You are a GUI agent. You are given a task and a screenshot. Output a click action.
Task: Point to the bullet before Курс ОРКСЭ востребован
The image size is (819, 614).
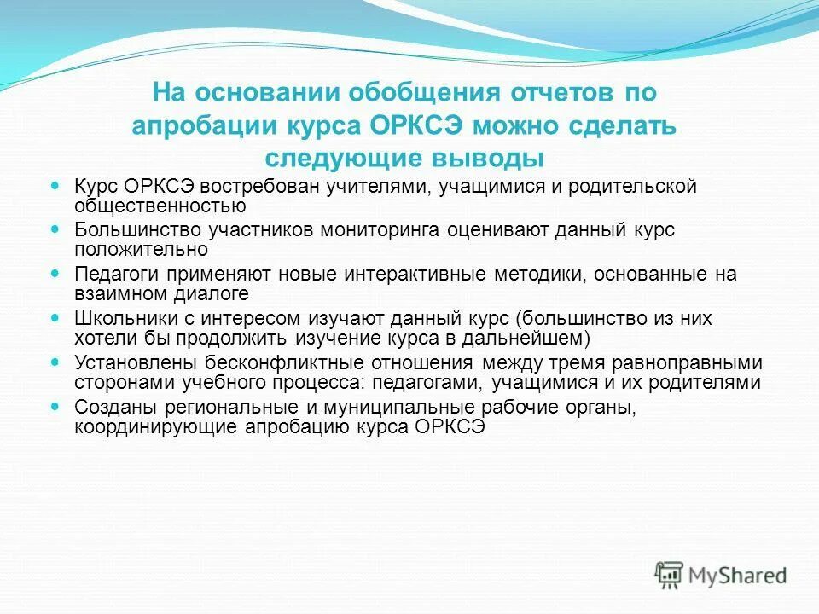[x=56, y=184]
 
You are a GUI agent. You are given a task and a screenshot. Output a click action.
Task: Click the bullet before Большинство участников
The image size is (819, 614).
[x=56, y=229]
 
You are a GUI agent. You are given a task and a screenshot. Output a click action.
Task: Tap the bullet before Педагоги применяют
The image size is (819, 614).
[x=56, y=274]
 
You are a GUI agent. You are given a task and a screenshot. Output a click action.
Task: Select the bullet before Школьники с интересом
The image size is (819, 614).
[x=56, y=317]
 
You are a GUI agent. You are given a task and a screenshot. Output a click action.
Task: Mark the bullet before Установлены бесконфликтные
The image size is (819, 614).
[x=56, y=362]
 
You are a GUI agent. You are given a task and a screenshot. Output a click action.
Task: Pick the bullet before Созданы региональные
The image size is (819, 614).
[x=56, y=407]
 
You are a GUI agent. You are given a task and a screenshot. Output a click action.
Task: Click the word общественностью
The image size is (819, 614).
[x=160, y=206]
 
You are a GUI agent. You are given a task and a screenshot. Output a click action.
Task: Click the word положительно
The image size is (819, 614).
[x=142, y=250]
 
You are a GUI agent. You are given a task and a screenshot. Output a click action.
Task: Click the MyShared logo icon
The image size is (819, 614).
[x=669, y=575]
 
